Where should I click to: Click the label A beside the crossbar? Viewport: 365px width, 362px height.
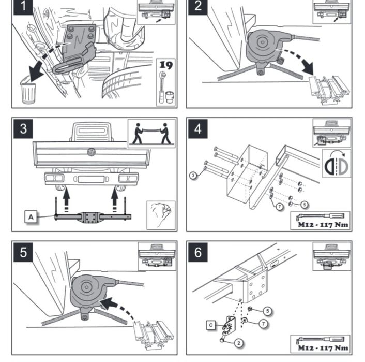click(x=31, y=218)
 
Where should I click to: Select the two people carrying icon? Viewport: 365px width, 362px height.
click(x=151, y=134)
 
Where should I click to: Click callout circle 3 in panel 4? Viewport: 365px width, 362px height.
click(x=192, y=176)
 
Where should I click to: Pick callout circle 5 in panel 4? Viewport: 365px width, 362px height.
click(x=304, y=205)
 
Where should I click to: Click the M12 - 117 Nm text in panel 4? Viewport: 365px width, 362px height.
click(x=323, y=225)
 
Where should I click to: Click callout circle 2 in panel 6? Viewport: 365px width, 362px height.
click(x=239, y=342)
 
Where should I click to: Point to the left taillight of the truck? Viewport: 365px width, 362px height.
click(x=52, y=178)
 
